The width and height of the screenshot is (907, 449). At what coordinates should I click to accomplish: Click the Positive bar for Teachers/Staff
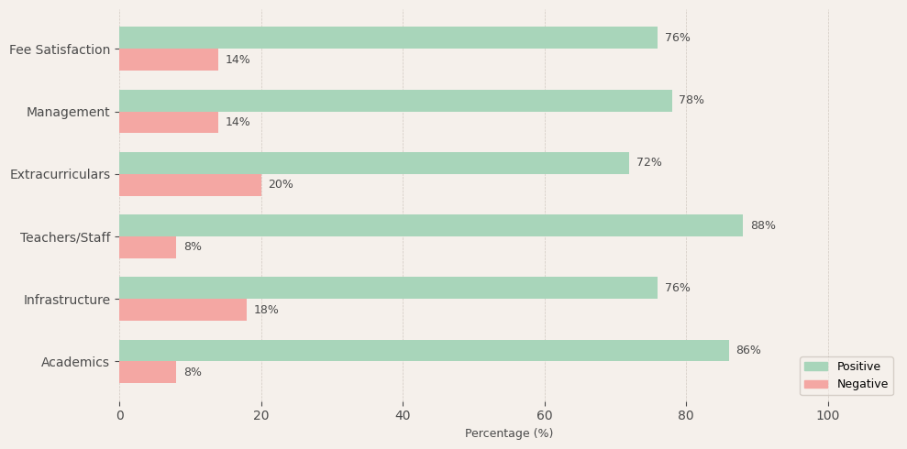pos(431,225)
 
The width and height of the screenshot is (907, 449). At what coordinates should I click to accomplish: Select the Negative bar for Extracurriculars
pos(190,185)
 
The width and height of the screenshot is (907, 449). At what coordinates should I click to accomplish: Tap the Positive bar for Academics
pos(424,350)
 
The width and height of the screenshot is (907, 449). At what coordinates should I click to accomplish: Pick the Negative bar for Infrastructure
pos(183,310)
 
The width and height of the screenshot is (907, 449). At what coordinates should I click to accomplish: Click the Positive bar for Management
pos(395,101)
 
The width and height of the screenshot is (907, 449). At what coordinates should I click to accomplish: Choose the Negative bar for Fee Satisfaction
pos(169,60)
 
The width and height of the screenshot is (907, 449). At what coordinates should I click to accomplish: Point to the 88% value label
pos(763,225)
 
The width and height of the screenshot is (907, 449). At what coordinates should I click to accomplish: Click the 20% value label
pos(281,185)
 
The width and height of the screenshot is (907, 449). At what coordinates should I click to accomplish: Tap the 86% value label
pos(748,350)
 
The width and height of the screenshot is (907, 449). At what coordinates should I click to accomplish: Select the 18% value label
pos(266,310)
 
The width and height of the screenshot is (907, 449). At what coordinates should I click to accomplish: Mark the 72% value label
pos(649,163)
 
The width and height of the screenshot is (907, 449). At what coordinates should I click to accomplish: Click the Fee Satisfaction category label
pos(60,49)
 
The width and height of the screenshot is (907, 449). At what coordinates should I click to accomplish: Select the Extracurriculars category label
pos(60,174)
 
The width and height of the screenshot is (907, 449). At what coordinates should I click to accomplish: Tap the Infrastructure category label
pos(67,300)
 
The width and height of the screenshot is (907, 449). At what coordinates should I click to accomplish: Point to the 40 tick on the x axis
pos(403,415)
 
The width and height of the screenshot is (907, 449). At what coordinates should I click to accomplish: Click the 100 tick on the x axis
pos(828,415)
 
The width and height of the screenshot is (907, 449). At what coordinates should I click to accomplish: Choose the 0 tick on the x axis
pos(119,415)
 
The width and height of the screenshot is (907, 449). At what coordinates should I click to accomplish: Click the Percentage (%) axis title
pos(509,433)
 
